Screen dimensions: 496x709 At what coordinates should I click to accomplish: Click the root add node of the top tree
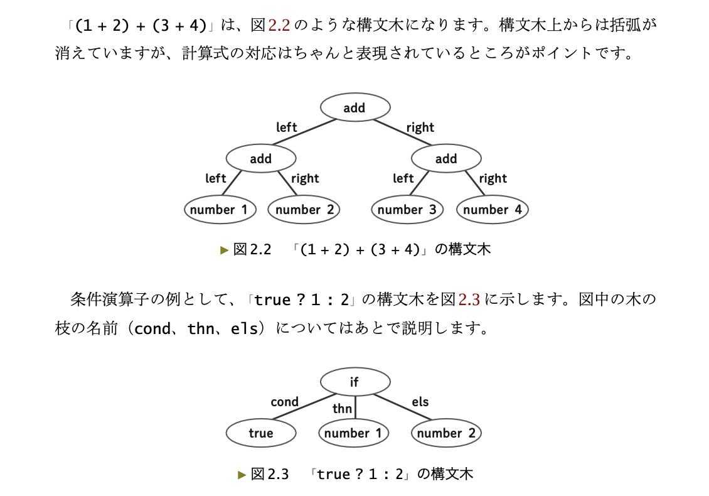(x=354, y=108)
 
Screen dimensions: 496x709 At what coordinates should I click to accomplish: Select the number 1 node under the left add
(x=220, y=210)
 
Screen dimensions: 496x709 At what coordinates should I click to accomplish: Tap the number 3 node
(x=407, y=210)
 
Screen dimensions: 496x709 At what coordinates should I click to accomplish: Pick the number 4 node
(x=493, y=210)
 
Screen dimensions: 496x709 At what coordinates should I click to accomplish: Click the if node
(x=354, y=382)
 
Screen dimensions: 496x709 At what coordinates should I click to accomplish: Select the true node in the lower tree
(x=260, y=433)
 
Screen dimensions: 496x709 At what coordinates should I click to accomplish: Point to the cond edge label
(x=284, y=402)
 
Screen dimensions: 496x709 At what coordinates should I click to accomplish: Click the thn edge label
(x=342, y=409)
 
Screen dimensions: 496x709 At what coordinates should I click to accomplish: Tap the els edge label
(x=420, y=402)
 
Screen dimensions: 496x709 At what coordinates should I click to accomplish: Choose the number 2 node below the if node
(x=446, y=433)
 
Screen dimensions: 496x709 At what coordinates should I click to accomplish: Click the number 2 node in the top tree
(x=304, y=210)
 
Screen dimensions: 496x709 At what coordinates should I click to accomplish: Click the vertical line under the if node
(x=355, y=409)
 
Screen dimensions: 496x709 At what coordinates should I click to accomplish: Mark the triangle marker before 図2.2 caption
(x=225, y=250)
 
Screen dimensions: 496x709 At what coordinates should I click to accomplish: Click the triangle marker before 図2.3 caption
(x=242, y=475)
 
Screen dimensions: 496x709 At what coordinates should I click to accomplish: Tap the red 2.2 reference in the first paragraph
(x=279, y=26)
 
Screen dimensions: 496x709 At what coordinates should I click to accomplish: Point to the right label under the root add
(x=420, y=127)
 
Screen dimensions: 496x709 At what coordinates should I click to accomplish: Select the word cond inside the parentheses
(x=151, y=328)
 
